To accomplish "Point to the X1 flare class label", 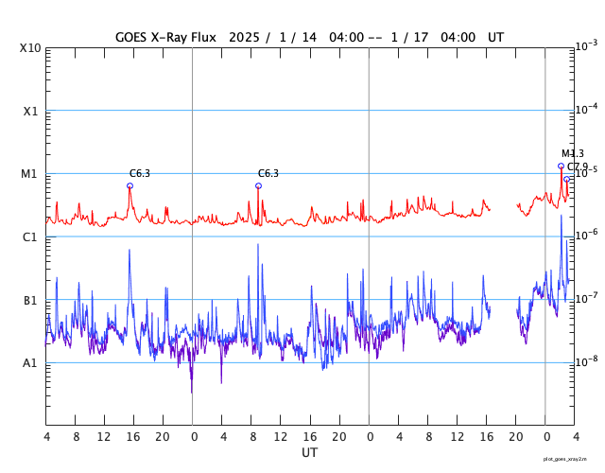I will [x=31, y=112].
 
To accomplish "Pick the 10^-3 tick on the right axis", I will [x=586, y=45].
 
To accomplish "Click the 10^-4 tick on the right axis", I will [x=586, y=109].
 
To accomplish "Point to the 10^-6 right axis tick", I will [x=586, y=235].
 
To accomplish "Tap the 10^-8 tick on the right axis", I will [x=586, y=360].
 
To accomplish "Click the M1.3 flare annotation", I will [x=573, y=153].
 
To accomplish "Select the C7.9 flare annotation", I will [x=578, y=166].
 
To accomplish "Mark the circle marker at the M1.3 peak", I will [x=561, y=166].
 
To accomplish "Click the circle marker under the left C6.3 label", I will [x=130, y=185].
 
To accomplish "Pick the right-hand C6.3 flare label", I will [x=268, y=173].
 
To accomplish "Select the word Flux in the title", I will [x=210, y=37].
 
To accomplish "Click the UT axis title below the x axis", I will [x=309, y=453].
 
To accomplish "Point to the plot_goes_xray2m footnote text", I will [x=565, y=459].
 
